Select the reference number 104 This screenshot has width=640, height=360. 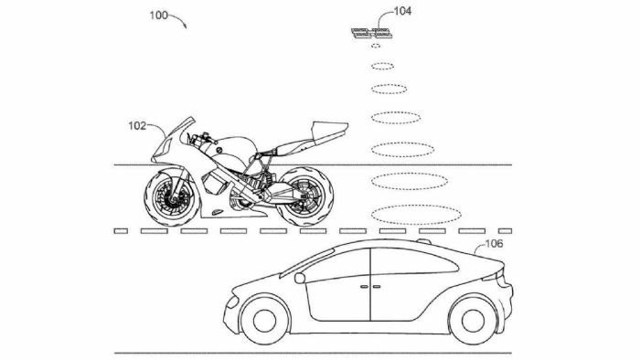(x=379, y=12)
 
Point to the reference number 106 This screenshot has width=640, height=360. (x=495, y=244)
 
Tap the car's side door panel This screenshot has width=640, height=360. (x=371, y=288)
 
